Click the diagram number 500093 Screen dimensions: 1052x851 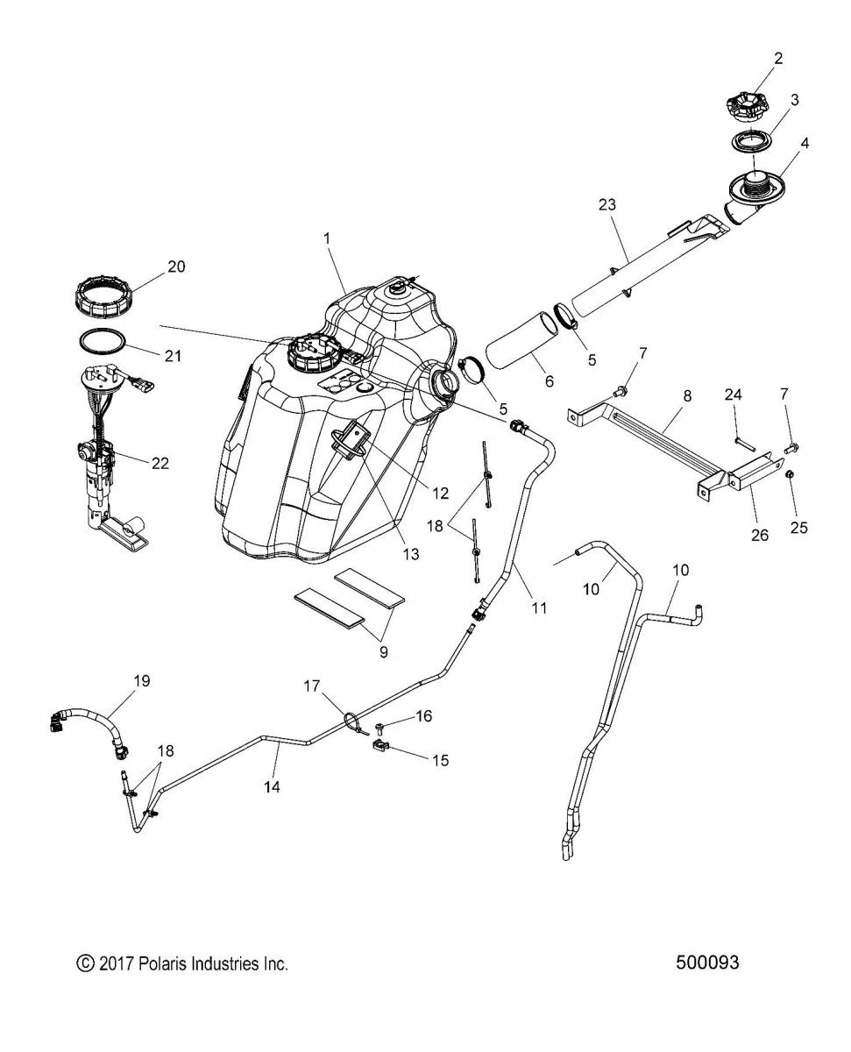(x=708, y=963)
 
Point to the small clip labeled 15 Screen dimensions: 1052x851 (x=379, y=747)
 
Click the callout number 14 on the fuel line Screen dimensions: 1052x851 (x=271, y=787)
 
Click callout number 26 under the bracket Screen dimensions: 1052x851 (x=760, y=535)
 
